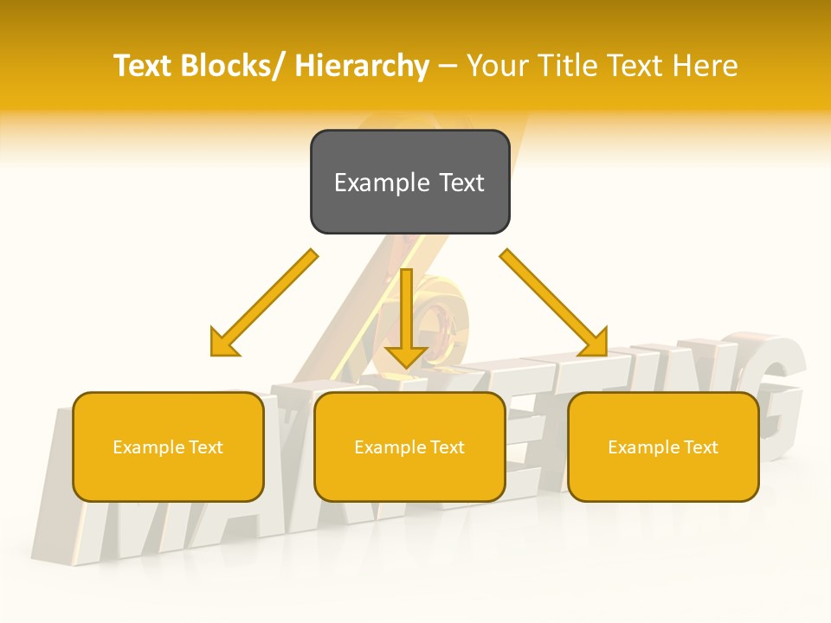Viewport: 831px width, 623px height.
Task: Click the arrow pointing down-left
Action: point(263,304)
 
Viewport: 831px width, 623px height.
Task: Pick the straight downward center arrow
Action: point(406,316)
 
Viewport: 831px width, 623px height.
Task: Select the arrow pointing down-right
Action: point(554,303)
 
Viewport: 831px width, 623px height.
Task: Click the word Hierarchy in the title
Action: point(362,66)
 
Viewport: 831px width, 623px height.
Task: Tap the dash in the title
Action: point(448,67)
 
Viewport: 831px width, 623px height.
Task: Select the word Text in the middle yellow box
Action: point(446,447)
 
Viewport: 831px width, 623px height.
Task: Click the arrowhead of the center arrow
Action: point(406,354)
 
